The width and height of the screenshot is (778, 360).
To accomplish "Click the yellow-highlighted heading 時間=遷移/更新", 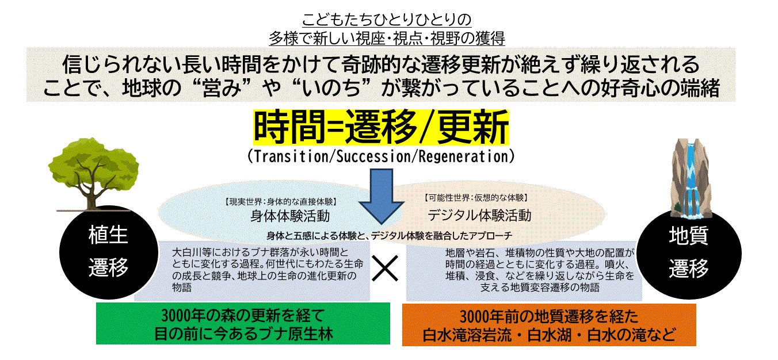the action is click(381, 128).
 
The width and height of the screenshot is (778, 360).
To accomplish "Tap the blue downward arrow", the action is click(381, 196).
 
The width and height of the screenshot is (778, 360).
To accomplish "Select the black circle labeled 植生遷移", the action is click(108, 251).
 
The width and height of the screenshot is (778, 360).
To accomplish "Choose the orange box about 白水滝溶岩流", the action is click(549, 325).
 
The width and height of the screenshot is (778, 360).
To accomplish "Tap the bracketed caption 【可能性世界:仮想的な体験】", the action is click(475, 198).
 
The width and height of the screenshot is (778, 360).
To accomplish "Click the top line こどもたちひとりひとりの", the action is click(387, 18).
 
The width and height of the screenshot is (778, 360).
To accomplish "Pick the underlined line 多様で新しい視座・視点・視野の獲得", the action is click(387, 37).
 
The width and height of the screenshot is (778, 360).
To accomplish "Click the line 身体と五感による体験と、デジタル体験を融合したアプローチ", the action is click(389, 235).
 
